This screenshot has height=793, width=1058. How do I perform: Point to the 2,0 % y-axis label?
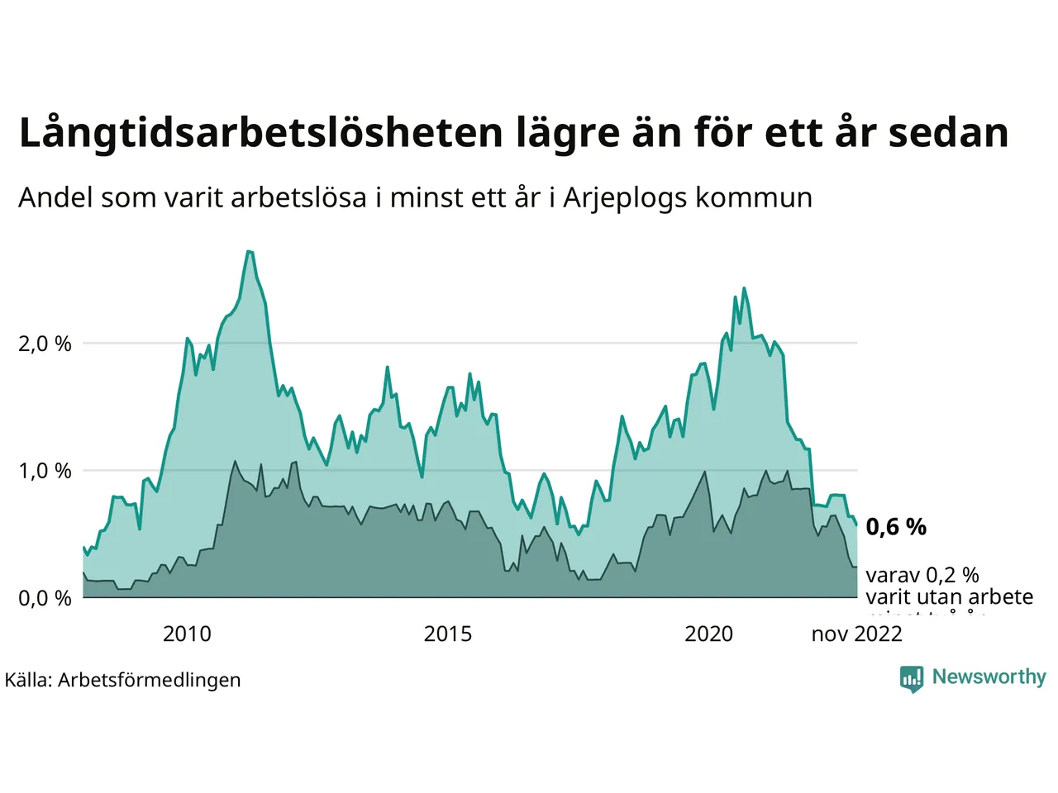click(x=45, y=344)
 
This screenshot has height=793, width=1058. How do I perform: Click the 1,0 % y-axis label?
click(x=45, y=471)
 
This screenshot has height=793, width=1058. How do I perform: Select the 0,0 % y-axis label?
click(x=45, y=598)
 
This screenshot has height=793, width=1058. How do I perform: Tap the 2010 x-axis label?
click(x=187, y=634)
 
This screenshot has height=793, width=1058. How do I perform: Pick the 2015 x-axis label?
click(x=448, y=634)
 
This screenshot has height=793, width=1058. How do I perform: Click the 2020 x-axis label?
click(x=709, y=634)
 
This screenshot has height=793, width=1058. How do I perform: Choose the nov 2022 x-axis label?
click(x=856, y=634)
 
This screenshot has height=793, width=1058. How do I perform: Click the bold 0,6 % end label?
click(x=896, y=527)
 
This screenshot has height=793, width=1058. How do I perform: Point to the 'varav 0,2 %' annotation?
click(x=922, y=575)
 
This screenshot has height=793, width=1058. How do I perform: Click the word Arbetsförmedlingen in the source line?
click(x=150, y=681)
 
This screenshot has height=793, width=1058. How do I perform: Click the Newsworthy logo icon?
click(x=912, y=678)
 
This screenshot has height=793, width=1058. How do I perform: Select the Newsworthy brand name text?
click(x=989, y=677)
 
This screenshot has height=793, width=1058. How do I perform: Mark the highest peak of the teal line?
click(x=249, y=251)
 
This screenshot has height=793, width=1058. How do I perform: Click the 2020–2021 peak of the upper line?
click(x=744, y=288)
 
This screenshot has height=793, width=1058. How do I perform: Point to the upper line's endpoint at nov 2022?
click(x=856, y=525)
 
